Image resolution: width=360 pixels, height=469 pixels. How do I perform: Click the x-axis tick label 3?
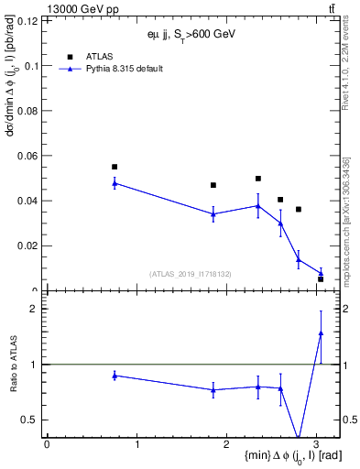click(316, 445)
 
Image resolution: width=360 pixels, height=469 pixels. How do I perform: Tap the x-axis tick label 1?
click(136, 445)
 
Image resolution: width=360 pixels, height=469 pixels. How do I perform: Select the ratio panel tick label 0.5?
click(29, 420)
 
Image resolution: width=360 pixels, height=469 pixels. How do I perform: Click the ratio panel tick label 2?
click(34, 309)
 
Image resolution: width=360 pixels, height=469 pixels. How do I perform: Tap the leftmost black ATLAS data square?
click(115, 167)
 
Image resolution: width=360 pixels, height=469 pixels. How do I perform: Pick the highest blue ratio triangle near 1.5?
click(321, 333)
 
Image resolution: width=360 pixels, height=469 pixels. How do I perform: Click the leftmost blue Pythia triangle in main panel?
click(115, 183)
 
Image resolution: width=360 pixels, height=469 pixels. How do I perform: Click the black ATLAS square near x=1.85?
click(213, 185)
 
